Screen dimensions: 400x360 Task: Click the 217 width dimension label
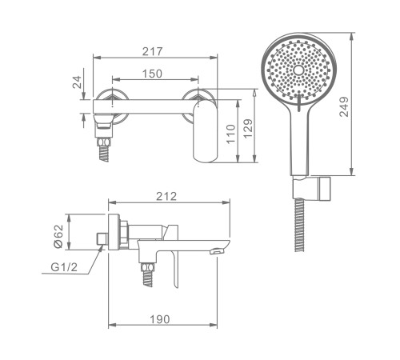coord(152,51)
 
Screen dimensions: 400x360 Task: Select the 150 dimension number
coord(152,74)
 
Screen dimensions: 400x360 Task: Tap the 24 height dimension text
coord(77,82)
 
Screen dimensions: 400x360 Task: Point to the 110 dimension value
coord(231,134)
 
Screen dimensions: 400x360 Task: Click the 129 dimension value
coord(248,129)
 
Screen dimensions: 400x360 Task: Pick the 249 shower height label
coord(344,106)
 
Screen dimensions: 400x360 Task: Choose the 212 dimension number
coord(166,197)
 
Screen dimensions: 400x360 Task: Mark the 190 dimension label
coord(159,319)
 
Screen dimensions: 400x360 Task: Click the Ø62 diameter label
coord(58,236)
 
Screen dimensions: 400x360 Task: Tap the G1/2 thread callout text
coord(64,267)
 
